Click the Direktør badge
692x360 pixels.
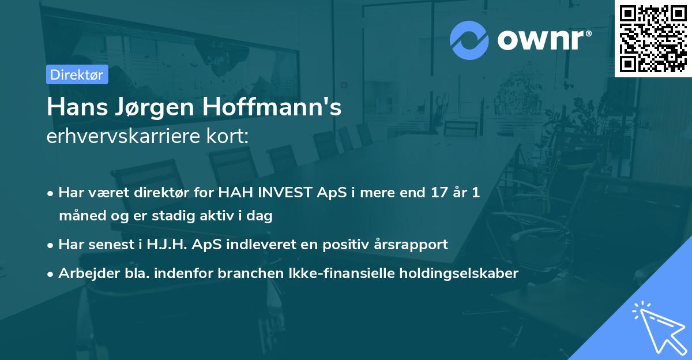[77, 74]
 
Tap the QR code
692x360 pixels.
[653, 39]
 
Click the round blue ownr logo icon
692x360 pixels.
[469, 40]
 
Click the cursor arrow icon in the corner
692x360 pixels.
[658, 327]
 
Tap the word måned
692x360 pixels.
[80, 216]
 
